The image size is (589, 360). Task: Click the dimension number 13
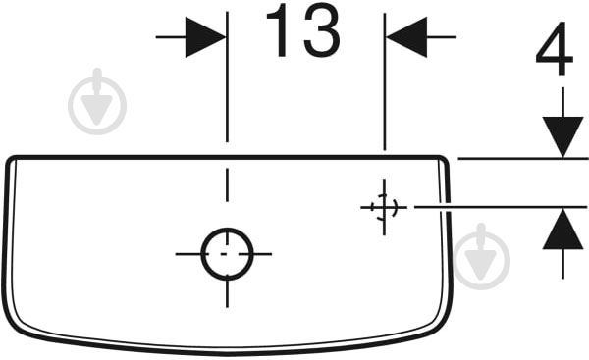click(302, 30)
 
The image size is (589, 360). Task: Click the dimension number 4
click(555, 48)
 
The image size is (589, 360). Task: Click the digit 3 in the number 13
click(322, 30)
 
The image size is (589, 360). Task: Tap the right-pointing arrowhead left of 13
click(205, 37)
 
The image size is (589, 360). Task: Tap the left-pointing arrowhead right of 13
click(406, 37)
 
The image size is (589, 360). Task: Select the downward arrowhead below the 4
click(562, 137)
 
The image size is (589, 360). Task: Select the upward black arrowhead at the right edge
click(562, 229)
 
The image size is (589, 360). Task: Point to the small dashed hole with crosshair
click(384, 207)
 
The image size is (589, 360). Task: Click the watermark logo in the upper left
click(97, 102)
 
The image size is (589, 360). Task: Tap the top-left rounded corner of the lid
click(10, 158)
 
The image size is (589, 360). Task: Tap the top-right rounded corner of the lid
click(444, 158)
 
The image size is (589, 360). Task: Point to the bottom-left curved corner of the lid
click(15, 322)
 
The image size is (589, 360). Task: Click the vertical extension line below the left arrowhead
click(227, 77)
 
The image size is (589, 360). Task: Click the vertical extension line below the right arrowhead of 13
click(384, 81)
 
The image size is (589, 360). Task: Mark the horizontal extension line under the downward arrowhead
click(523, 159)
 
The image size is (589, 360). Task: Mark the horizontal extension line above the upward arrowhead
click(501, 207)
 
